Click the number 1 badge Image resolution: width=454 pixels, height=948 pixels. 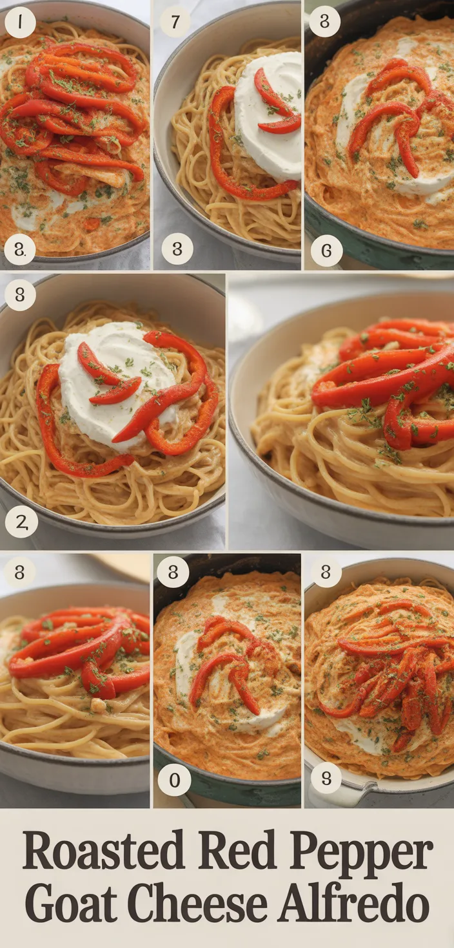pos(20,22)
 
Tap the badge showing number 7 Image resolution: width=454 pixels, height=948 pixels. pos(175,21)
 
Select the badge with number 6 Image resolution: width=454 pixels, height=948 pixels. pos(326,251)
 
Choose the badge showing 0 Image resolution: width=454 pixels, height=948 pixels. pos(174,780)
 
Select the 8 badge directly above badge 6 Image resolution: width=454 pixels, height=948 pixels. pos(325,21)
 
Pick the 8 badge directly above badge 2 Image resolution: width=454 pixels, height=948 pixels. pos(20,294)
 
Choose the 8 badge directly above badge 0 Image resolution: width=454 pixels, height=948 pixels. pos(173,572)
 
